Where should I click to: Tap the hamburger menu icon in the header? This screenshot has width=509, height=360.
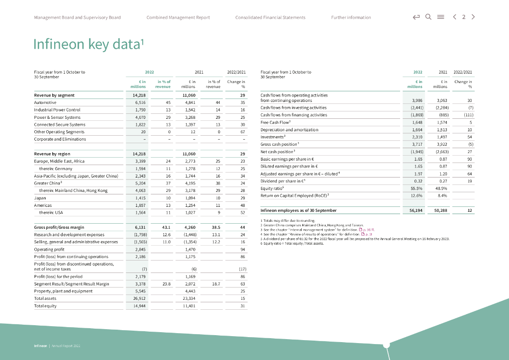click(x=440, y=17)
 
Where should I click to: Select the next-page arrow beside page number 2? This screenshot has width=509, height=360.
click(x=473, y=17)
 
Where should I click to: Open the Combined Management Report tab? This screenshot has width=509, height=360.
click(x=178, y=17)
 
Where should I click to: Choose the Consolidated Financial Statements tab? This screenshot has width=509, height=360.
click(x=270, y=17)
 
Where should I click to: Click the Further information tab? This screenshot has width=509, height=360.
click(x=351, y=17)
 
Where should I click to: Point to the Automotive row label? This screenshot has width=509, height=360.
click(x=45, y=102)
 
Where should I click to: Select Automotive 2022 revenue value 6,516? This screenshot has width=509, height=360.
click(x=140, y=102)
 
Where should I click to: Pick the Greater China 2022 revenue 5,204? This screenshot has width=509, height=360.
click(x=140, y=183)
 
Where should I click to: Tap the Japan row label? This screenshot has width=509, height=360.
click(x=40, y=198)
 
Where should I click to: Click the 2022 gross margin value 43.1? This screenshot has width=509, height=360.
click(x=167, y=227)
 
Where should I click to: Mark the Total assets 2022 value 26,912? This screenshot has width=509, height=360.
click(x=140, y=298)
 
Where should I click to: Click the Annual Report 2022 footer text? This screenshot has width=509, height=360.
click(x=66, y=346)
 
